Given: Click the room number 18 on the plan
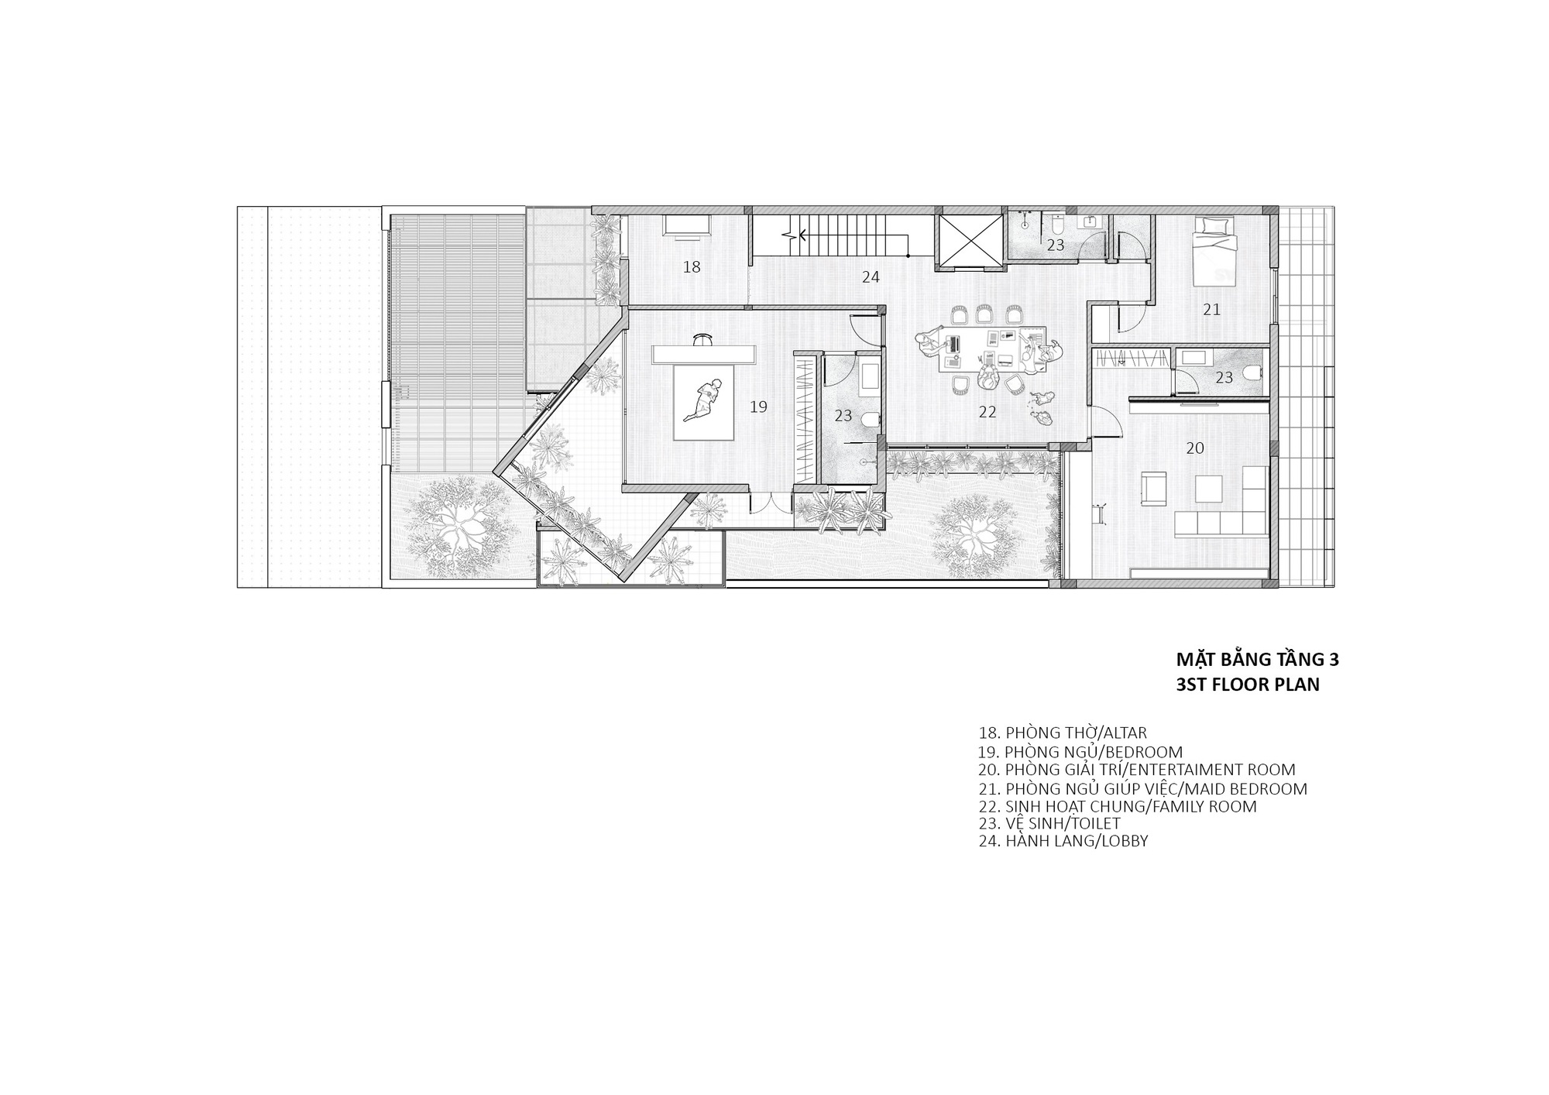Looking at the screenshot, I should (692, 267).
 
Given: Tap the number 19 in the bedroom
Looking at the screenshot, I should (758, 407).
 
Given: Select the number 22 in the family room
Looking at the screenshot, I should (987, 412).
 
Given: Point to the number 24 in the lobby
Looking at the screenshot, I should (871, 276).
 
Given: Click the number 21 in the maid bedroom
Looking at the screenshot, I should (1211, 310).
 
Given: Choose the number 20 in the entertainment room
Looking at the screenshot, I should (1195, 448).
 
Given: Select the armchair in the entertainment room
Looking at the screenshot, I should (1153, 486).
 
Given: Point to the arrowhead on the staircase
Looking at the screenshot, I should (802, 234).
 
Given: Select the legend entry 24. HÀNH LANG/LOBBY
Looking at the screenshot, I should (1063, 840).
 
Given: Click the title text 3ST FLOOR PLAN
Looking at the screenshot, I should (1247, 685).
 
